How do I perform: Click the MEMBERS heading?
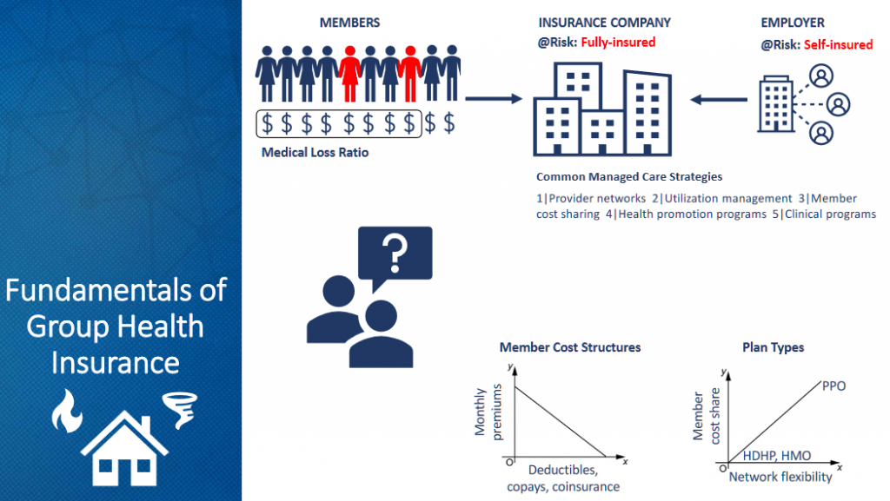tap(349, 22)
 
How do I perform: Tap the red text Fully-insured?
tap(620, 42)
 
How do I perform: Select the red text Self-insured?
tap(838, 44)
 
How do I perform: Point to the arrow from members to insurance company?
tap(493, 98)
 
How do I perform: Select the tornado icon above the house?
tap(180, 409)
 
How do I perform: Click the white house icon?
tap(124, 446)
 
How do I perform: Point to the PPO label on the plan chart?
tap(833, 386)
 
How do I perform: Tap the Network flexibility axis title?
tap(780, 477)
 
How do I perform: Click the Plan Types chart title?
tap(773, 347)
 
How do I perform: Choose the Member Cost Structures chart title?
tap(569, 347)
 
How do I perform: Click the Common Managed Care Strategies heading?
tap(628, 176)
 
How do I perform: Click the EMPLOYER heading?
tap(793, 22)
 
